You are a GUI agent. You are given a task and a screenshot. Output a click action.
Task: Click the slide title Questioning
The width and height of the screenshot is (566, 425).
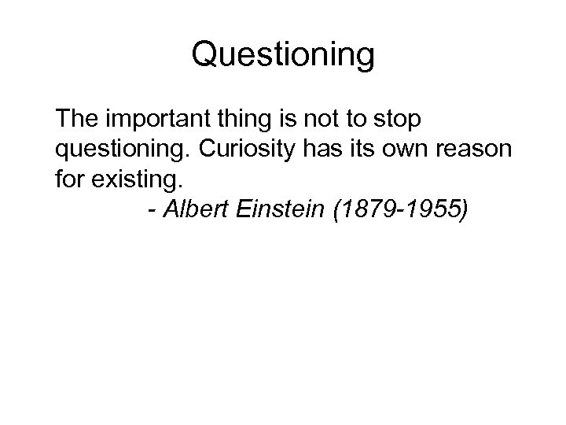(x=283, y=55)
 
